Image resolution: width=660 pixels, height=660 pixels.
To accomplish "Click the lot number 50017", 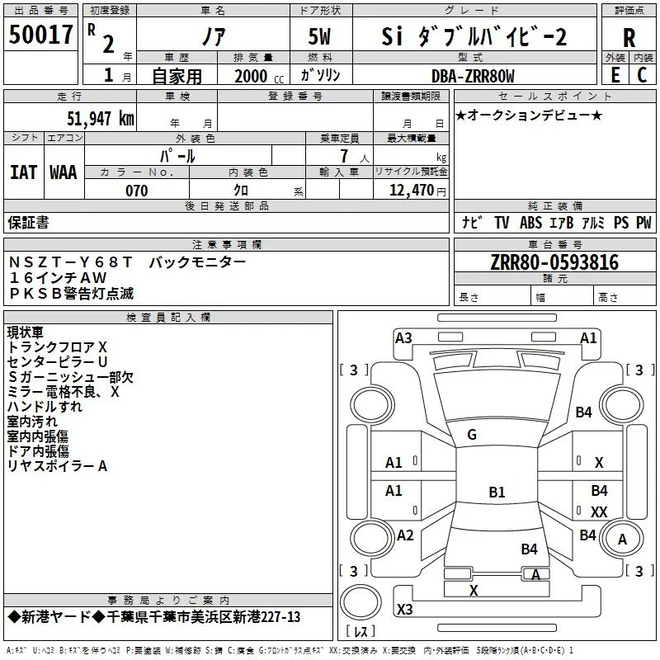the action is [x=40, y=35].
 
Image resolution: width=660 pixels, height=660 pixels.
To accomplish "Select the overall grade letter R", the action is [x=629, y=37].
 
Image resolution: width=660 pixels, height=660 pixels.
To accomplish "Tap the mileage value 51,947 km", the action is [x=101, y=119].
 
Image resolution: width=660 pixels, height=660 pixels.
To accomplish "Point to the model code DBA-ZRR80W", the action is [x=473, y=76].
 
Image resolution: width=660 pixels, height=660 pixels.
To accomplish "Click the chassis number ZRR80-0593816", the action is [x=554, y=262].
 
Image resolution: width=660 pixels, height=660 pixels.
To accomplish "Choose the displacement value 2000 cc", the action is [x=259, y=76].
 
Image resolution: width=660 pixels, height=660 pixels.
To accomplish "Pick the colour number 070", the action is [x=137, y=191].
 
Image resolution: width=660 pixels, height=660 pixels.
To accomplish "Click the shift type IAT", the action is [x=24, y=172].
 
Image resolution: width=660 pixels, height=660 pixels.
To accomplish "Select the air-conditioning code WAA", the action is [x=64, y=172].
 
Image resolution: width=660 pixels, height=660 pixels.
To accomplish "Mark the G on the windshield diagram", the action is [x=472, y=435].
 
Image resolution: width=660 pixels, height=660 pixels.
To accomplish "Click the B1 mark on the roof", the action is [x=497, y=492].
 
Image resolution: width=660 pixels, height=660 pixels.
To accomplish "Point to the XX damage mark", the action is [x=599, y=511].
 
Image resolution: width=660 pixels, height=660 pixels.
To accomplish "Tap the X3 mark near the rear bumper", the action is [x=404, y=609].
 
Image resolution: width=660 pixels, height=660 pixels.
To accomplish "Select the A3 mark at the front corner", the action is [x=403, y=338].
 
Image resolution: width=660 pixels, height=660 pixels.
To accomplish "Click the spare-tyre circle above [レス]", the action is [x=361, y=601].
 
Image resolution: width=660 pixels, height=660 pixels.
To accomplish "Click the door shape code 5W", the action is [x=319, y=36].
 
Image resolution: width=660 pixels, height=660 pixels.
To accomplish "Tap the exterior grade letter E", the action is [x=615, y=75].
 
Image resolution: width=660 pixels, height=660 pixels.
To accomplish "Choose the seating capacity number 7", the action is [x=344, y=156].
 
